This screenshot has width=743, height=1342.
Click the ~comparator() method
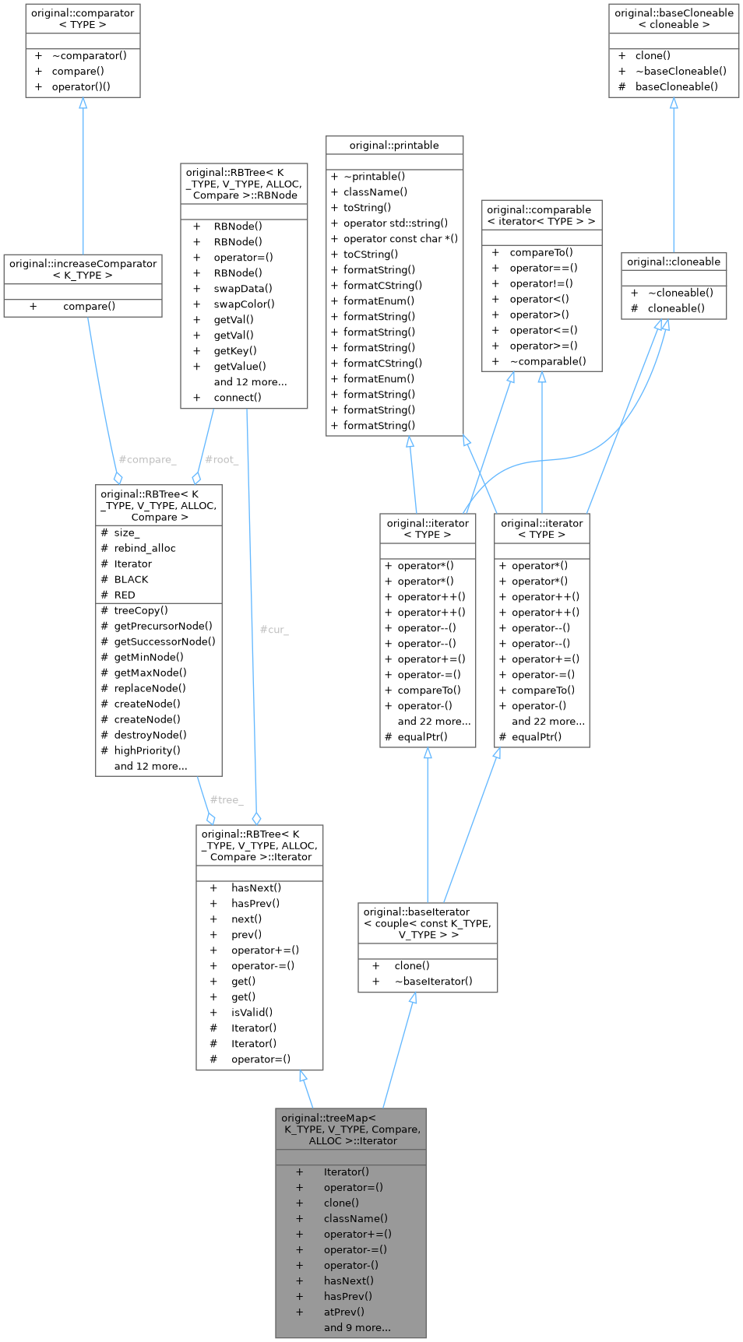(90, 56)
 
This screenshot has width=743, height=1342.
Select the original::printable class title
(394, 146)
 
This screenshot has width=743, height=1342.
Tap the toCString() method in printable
(371, 255)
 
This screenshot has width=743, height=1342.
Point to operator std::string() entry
(396, 223)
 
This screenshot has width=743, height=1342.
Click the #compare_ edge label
(148, 460)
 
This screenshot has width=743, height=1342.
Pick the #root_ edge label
(222, 460)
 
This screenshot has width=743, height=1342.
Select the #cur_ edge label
(274, 630)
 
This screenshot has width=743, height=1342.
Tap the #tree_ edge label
(227, 800)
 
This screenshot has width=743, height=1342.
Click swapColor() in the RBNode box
(245, 304)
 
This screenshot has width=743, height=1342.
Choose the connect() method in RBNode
(238, 398)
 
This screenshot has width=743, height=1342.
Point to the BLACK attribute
(131, 580)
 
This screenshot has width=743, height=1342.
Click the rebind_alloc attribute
(145, 549)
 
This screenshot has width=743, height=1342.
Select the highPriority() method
(147, 751)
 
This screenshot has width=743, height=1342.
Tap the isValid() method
(252, 1013)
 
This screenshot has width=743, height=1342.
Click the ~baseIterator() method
(433, 982)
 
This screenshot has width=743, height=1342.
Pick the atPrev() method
(344, 1312)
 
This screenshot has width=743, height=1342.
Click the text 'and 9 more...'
(357, 1328)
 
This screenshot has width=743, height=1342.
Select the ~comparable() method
(548, 362)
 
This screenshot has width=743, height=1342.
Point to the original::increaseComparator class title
(83, 269)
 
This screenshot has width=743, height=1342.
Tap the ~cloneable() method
(681, 293)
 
